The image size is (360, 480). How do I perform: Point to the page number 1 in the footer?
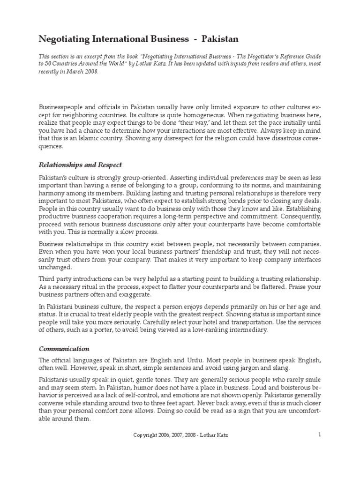pos(320,435)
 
